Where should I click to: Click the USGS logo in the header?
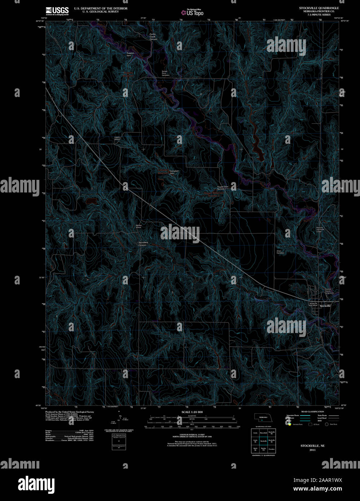[x=57, y=11]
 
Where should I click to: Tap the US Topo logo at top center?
[x=193, y=12]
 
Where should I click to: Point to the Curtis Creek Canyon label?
[x=153, y=36]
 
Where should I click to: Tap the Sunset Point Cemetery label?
[x=166, y=74]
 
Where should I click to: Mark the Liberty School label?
[x=117, y=138]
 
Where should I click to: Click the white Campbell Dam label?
[x=174, y=172]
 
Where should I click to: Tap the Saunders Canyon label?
[x=143, y=244]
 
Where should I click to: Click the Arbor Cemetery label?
[x=280, y=252]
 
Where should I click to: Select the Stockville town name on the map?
[x=325, y=306]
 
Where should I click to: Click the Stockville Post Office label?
[x=313, y=304]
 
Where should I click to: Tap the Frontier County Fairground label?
[x=329, y=291]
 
